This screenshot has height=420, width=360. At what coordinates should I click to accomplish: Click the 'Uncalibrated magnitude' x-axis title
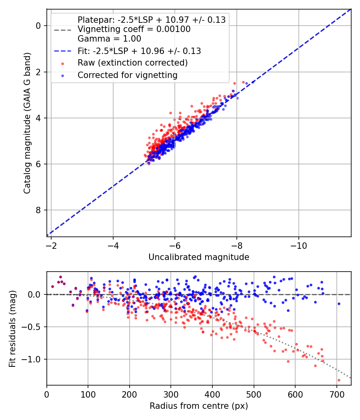tap(199, 257)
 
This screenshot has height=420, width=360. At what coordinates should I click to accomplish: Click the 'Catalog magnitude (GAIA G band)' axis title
tap(27, 123)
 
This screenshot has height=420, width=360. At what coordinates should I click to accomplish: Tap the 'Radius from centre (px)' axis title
tap(199, 406)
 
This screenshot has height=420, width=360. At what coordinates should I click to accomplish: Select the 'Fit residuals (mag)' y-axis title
tap(12, 329)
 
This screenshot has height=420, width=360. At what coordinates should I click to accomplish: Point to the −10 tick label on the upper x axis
tap(299, 246)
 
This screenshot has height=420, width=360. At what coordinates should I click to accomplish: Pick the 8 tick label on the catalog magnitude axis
tap(38, 210)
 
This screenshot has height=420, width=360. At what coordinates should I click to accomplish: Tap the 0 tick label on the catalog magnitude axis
tap(38, 26)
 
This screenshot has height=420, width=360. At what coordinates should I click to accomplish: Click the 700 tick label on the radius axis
tap(336, 394)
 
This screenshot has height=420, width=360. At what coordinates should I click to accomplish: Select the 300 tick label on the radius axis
tap(171, 394)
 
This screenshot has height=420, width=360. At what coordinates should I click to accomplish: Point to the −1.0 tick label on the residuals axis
tap(31, 359)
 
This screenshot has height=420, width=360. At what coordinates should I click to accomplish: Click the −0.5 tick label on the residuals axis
tap(31, 327)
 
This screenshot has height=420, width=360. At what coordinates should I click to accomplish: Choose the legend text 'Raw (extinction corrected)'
tap(132, 63)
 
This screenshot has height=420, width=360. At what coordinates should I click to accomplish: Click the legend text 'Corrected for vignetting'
tap(128, 75)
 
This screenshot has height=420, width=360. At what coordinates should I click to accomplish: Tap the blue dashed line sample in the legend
tap(63, 51)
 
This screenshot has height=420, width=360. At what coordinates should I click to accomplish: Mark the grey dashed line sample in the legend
tap(63, 30)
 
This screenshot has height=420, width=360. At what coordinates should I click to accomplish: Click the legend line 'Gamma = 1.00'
tap(109, 39)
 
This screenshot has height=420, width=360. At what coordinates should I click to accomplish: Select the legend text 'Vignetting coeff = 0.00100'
tap(134, 29)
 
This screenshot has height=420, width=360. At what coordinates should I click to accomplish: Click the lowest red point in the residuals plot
tap(339, 380)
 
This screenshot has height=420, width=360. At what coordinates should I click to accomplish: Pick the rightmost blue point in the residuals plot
tap(339, 304)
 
